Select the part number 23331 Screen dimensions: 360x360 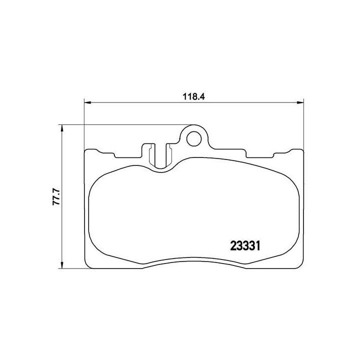[x=246, y=245]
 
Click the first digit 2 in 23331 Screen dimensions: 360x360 [x=233, y=245]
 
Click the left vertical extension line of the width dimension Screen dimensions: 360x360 [x=83, y=125]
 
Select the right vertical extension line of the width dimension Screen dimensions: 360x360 [x=304, y=125]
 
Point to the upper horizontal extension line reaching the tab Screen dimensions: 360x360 [x=125, y=124]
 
